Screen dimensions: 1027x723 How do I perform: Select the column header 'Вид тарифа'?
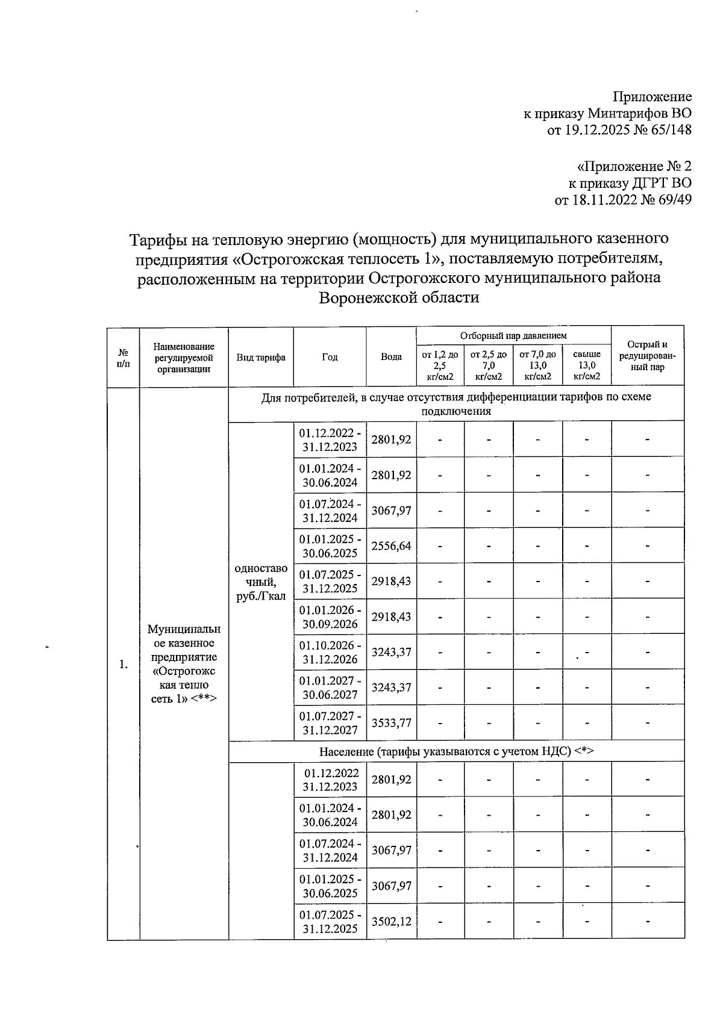261,357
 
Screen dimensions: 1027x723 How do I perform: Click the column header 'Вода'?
391,357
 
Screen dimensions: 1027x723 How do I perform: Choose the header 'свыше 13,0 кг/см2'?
586,365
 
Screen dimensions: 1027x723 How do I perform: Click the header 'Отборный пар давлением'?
513,335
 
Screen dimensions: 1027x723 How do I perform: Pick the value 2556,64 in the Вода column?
391,546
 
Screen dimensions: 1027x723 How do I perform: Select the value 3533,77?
391,723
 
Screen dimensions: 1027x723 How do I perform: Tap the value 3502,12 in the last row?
391,921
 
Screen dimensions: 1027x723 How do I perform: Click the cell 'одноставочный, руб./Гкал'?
261,582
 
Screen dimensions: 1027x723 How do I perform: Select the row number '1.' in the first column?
123,665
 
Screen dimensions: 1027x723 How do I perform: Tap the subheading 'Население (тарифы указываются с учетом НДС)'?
456,751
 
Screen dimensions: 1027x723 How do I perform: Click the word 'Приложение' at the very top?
652,97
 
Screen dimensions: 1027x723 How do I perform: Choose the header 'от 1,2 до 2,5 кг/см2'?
439,365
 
